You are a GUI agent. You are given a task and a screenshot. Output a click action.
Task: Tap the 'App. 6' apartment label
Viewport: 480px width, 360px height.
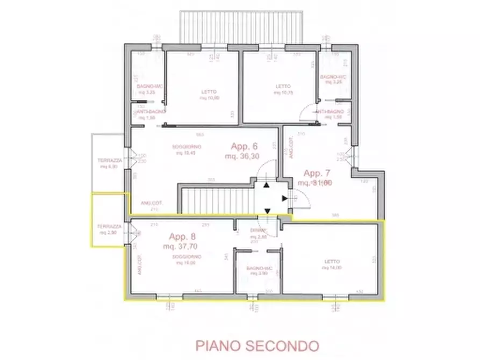tap(245, 146)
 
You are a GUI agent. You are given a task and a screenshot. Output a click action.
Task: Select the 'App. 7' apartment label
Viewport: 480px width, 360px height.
tap(318, 174)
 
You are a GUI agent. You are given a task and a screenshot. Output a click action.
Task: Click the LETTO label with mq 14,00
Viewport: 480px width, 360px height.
tap(332, 262)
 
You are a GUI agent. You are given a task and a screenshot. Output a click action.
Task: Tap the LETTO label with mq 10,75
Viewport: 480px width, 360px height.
tap(283, 87)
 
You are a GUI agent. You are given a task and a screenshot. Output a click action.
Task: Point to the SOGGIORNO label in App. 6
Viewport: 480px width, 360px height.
tap(187, 147)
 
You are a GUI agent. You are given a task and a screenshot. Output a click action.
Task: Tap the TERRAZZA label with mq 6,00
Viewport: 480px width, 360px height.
tap(109, 161)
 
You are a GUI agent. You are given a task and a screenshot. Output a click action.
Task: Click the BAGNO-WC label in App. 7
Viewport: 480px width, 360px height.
tap(333, 77)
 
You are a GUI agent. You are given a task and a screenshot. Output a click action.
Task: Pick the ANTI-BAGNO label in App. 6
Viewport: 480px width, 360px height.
tap(149, 111)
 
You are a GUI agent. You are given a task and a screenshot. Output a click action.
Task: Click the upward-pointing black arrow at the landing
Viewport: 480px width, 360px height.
tap(267, 185)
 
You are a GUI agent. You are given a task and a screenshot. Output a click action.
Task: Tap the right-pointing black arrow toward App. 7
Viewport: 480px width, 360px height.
tap(284, 198)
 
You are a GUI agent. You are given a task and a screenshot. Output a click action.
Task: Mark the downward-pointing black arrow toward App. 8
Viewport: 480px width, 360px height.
tap(267, 211)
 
